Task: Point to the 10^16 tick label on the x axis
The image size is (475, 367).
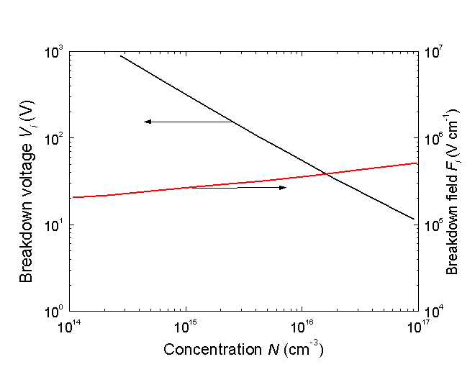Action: (302, 327)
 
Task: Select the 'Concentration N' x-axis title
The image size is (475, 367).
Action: (243, 350)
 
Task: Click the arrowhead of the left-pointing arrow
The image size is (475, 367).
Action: (146, 122)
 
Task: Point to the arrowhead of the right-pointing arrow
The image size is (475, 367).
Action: (284, 188)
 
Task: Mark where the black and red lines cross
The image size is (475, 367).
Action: (325, 173)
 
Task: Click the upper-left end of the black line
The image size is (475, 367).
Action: (120, 55)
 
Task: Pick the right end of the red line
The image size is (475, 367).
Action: (417, 163)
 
